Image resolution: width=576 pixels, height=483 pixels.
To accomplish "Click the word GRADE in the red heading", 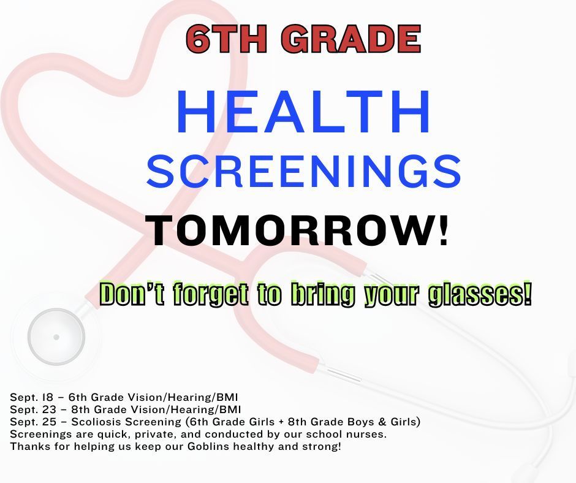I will pos(355,39).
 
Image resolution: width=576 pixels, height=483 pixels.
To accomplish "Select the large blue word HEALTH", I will pos(303,115).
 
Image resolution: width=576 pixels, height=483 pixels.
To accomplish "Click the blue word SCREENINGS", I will pos(303,172).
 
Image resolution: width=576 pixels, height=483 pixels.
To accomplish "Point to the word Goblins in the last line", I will pos(202,446).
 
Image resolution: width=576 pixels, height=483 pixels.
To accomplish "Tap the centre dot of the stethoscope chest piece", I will pos(56,337).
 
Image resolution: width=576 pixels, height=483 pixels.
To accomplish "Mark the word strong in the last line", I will pos(321,446).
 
